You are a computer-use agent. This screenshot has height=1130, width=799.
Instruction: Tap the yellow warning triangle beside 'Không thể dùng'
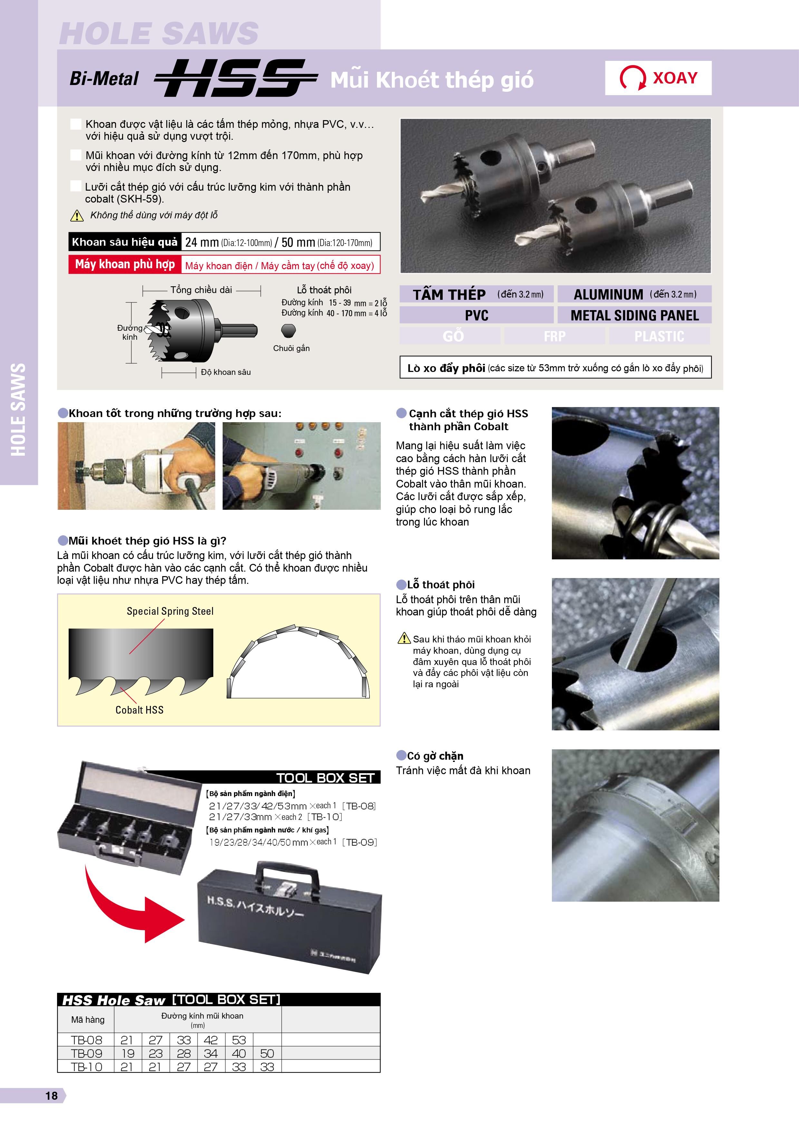pos(77,215)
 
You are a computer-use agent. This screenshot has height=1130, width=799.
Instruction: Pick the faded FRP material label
pos(554,336)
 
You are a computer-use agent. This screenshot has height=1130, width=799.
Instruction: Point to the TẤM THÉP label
pos(449,294)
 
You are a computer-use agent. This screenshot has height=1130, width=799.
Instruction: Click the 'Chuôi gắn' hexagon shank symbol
pos(288,330)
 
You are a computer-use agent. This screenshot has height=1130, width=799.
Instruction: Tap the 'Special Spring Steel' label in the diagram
pos(170,611)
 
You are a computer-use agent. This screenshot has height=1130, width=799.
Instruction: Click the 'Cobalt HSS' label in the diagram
pos(139,710)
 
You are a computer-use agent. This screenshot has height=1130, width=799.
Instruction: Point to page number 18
pos(51,1096)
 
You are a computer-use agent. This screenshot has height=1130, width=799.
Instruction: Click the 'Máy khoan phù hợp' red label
pos(125,264)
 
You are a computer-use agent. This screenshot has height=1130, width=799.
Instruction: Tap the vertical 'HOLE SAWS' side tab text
pos(18,410)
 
